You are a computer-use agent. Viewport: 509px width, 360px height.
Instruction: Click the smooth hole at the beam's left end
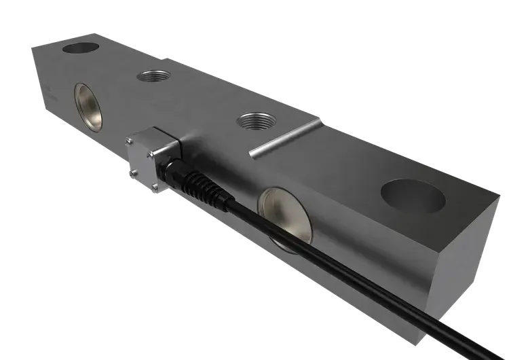80,48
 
